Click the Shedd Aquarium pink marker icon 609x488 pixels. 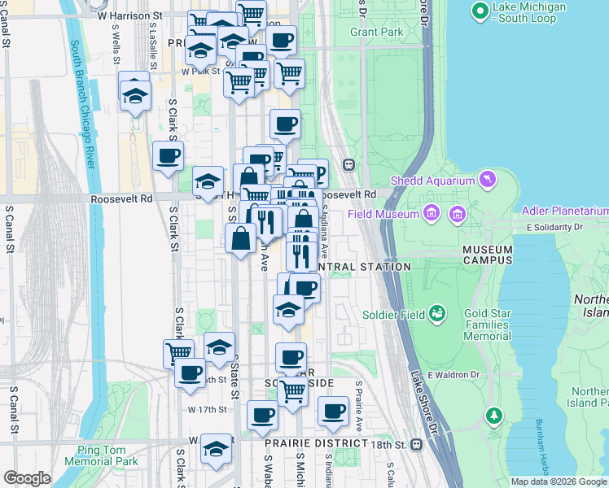(x=488, y=178)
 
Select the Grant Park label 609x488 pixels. (x=376, y=33)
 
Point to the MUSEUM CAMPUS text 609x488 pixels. (x=488, y=255)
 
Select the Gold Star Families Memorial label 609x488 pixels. (x=488, y=325)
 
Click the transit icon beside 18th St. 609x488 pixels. (x=416, y=444)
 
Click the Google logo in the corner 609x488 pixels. (x=27, y=478)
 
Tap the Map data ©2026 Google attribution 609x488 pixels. (x=558, y=481)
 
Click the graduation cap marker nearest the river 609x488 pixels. (x=135, y=94)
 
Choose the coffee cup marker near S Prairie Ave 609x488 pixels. (x=333, y=412)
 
